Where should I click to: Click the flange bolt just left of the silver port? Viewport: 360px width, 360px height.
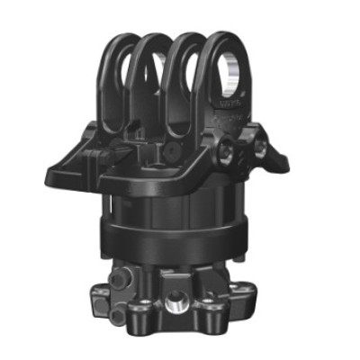point(144,317)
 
